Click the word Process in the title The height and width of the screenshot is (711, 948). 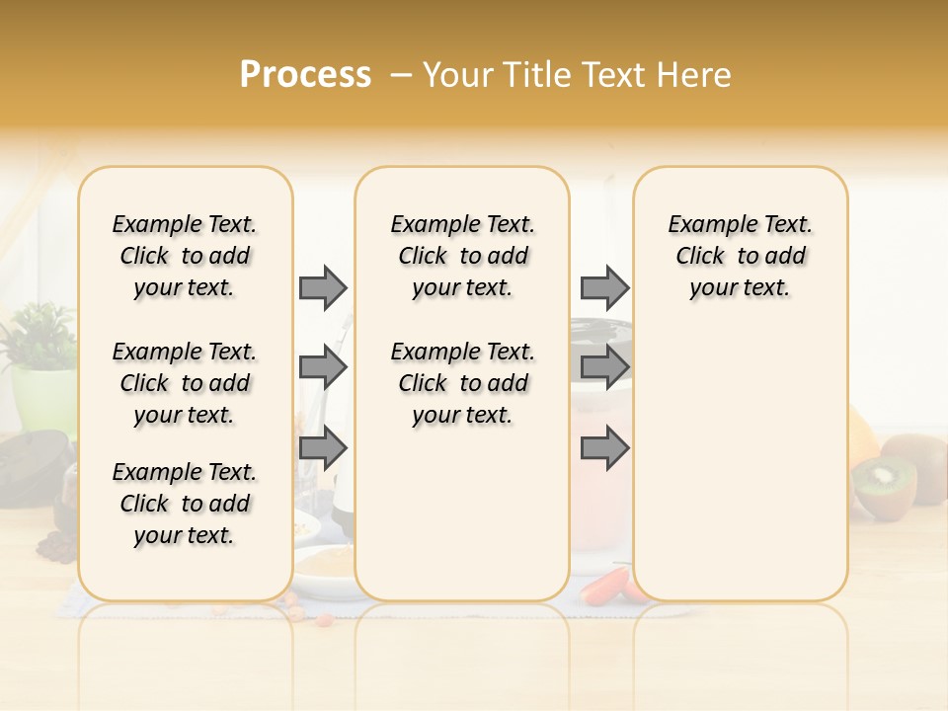(305, 75)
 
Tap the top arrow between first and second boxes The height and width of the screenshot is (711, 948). (323, 287)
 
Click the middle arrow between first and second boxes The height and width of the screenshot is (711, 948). (323, 368)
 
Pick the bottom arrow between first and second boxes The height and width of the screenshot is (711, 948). (323, 448)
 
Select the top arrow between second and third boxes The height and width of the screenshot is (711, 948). (604, 287)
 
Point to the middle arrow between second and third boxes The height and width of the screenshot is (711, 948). (604, 368)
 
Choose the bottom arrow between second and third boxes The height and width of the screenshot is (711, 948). (604, 448)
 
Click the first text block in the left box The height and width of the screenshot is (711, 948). (185, 256)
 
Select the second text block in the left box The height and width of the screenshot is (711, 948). (185, 383)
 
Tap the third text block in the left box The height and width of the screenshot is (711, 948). (185, 504)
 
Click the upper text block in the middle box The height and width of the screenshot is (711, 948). (462, 256)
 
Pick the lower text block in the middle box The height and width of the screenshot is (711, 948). (462, 383)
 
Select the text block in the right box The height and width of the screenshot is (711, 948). (740, 256)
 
